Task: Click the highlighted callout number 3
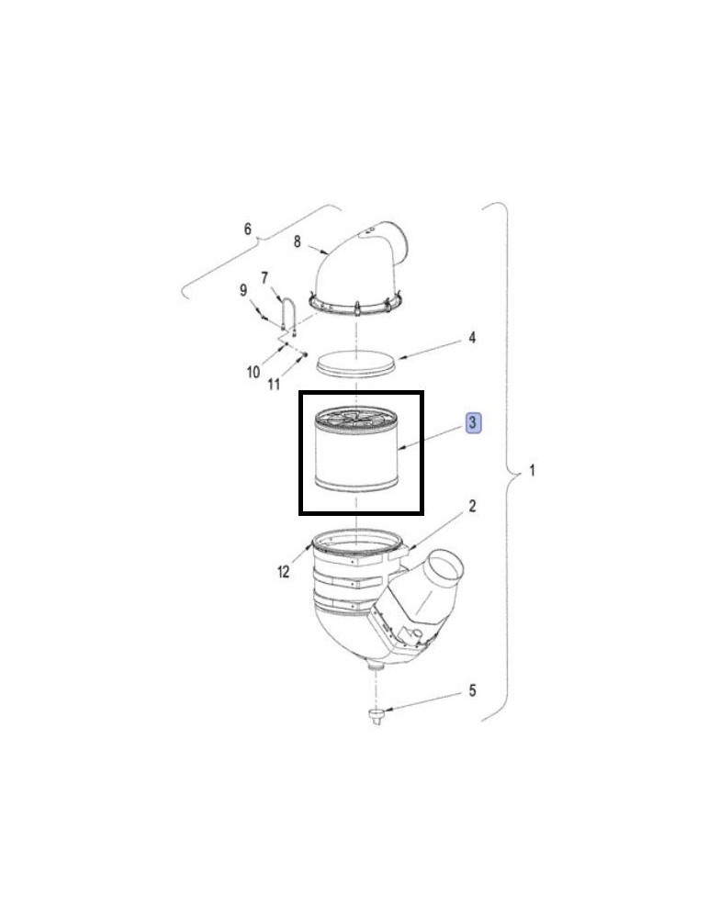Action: (x=473, y=422)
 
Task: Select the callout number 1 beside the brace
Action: (x=532, y=470)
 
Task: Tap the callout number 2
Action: (x=473, y=506)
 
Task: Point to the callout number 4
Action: (x=472, y=338)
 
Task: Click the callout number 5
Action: (x=473, y=690)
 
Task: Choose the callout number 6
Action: (x=248, y=229)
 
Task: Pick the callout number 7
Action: (x=264, y=278)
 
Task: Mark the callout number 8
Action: (x=297, y=241)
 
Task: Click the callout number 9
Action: (x=243, y=290)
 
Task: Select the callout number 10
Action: (x=253, y=372)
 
